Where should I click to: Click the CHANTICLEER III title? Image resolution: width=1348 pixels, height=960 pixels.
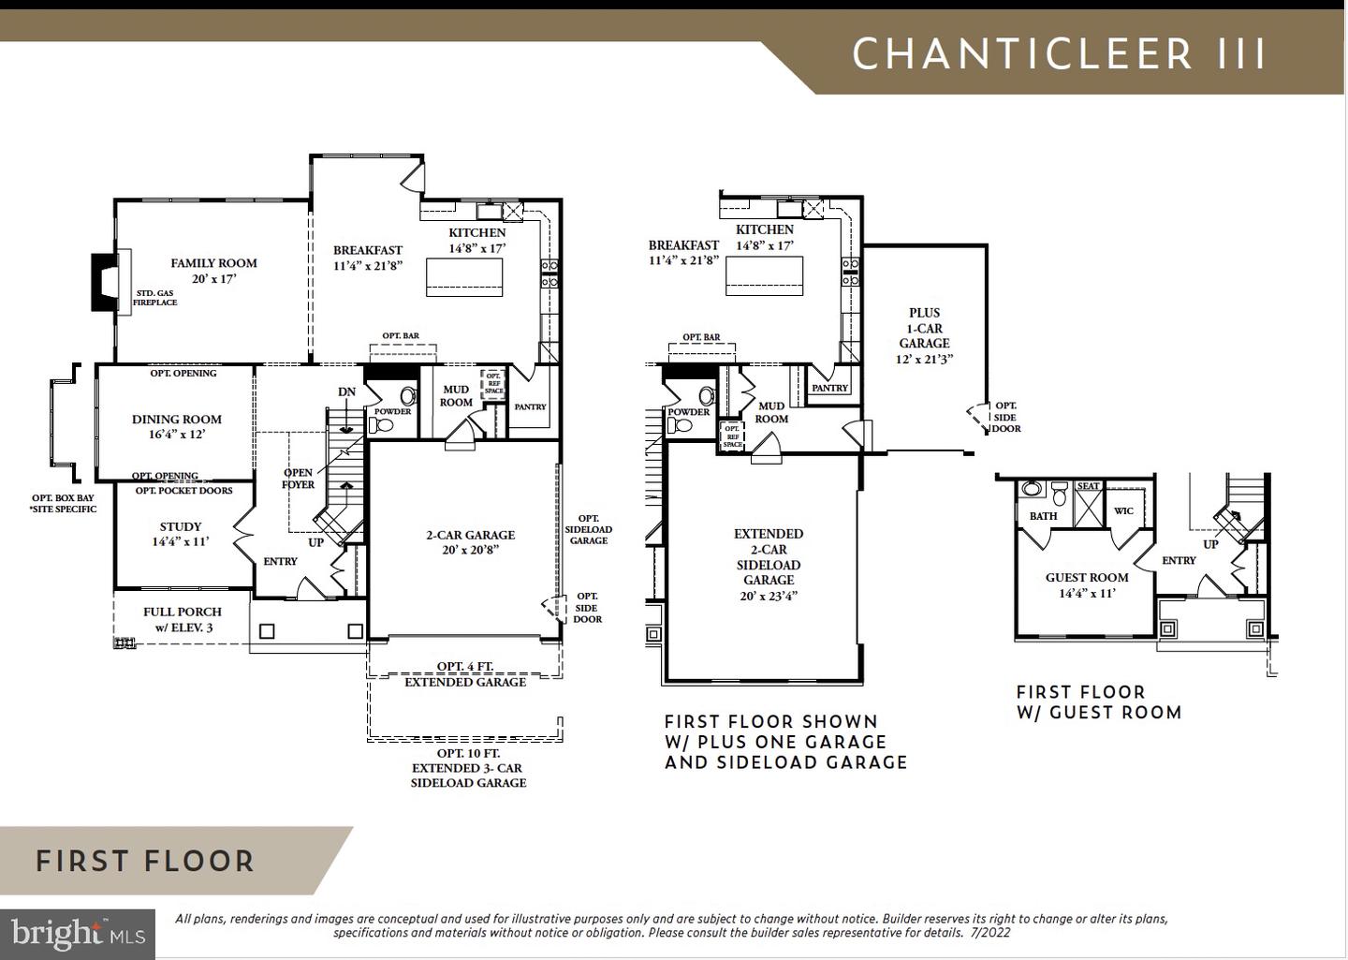point(1059,54)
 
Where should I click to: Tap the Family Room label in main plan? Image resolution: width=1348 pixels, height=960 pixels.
point(213,271)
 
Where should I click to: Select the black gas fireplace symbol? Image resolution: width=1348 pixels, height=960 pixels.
point(102,282)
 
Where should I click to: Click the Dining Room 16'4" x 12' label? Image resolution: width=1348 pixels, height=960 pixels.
point(177,427)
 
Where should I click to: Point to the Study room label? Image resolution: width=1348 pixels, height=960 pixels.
point(181,534)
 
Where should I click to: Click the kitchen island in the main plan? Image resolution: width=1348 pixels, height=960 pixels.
point(464,277)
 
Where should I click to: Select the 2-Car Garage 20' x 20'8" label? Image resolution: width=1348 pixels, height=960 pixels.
point(470,542)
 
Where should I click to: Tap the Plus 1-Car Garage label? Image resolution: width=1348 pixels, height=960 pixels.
point(924,335)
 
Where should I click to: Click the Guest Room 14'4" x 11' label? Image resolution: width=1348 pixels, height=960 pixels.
point(1087,584)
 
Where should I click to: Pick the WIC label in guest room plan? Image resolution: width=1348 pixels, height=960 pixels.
point(1123,510)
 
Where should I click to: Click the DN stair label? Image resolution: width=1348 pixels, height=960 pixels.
point(347,391)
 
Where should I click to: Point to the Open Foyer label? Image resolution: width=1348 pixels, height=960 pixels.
point(299,479)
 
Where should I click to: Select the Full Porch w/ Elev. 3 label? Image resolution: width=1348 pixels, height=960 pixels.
point(183,619)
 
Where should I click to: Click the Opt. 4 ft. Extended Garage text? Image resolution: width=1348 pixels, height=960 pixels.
point(465,674)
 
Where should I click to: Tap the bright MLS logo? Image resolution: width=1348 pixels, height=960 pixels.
point(78,934)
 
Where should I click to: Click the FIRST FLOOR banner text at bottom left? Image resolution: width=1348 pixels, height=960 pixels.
point(145,862)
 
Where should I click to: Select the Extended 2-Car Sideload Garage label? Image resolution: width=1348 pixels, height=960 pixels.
point(769,564)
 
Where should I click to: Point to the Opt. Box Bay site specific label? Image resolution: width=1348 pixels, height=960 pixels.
point(63,503)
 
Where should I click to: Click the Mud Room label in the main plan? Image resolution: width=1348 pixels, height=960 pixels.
point(456,395)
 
